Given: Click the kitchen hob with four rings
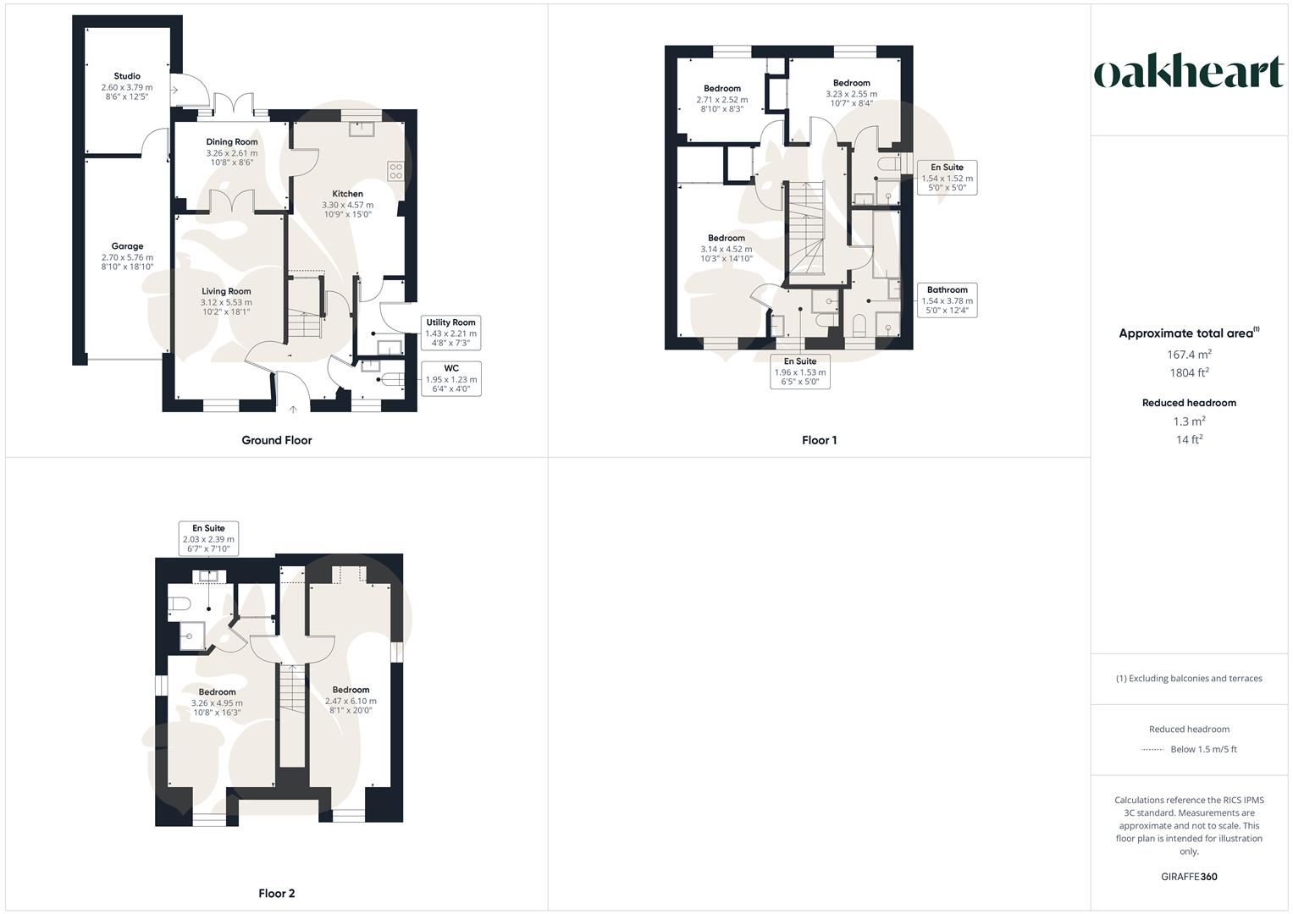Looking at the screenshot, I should click(395, 171).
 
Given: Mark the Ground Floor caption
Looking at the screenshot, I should click(277, 440).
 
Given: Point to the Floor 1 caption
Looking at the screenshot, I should click(819, 440).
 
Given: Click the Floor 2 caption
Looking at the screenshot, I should click(277, 893).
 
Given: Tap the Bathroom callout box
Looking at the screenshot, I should click(947, 300).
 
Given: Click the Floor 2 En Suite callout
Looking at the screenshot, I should click(208, 538).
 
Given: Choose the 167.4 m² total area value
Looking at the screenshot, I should click(1189, 355).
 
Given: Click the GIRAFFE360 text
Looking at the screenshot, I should click(1189, 877).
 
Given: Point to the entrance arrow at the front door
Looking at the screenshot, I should click(294, 410).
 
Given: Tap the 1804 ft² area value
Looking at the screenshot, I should click(1189, 372).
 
